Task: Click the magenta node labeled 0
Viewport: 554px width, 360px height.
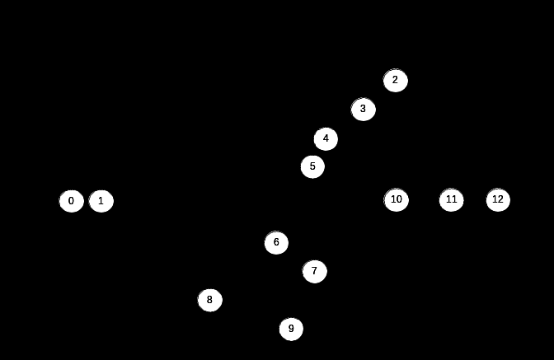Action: [x=72, y=201]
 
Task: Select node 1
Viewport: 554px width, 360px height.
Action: [x=101, y=201]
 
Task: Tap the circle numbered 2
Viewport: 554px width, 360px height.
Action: [x=396, y=81]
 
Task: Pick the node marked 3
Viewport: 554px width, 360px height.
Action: [x=364, y=110]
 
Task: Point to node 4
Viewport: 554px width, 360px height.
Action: [x=326, y=139]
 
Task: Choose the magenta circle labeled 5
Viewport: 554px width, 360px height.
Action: [x=312, y=167]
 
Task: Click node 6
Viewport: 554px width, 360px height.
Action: [x=277, y=243]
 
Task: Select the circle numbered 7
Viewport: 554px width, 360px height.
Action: [x=315, y=271]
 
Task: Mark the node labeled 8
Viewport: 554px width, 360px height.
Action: [x=210, y=301]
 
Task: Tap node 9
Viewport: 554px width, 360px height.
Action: [x=291, y=330]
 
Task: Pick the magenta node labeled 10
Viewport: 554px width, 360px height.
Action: [x=397, y=200]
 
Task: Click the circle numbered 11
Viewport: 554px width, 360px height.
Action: [x=451, y=200]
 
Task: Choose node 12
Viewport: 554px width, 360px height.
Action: [x=498, y=200]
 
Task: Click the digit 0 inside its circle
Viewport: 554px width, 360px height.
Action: [x=71, y=201]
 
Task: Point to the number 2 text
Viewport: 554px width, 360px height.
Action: [x=395, y=80]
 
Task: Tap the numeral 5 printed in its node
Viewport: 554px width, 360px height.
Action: [x=312, y=166]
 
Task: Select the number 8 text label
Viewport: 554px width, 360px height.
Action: [x=209, y=300]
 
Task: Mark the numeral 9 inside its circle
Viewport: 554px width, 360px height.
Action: [x=290, y=329]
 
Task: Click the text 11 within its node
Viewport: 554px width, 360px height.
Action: [x=451, y=199]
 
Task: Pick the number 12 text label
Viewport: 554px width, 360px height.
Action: [x=497, y=199]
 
